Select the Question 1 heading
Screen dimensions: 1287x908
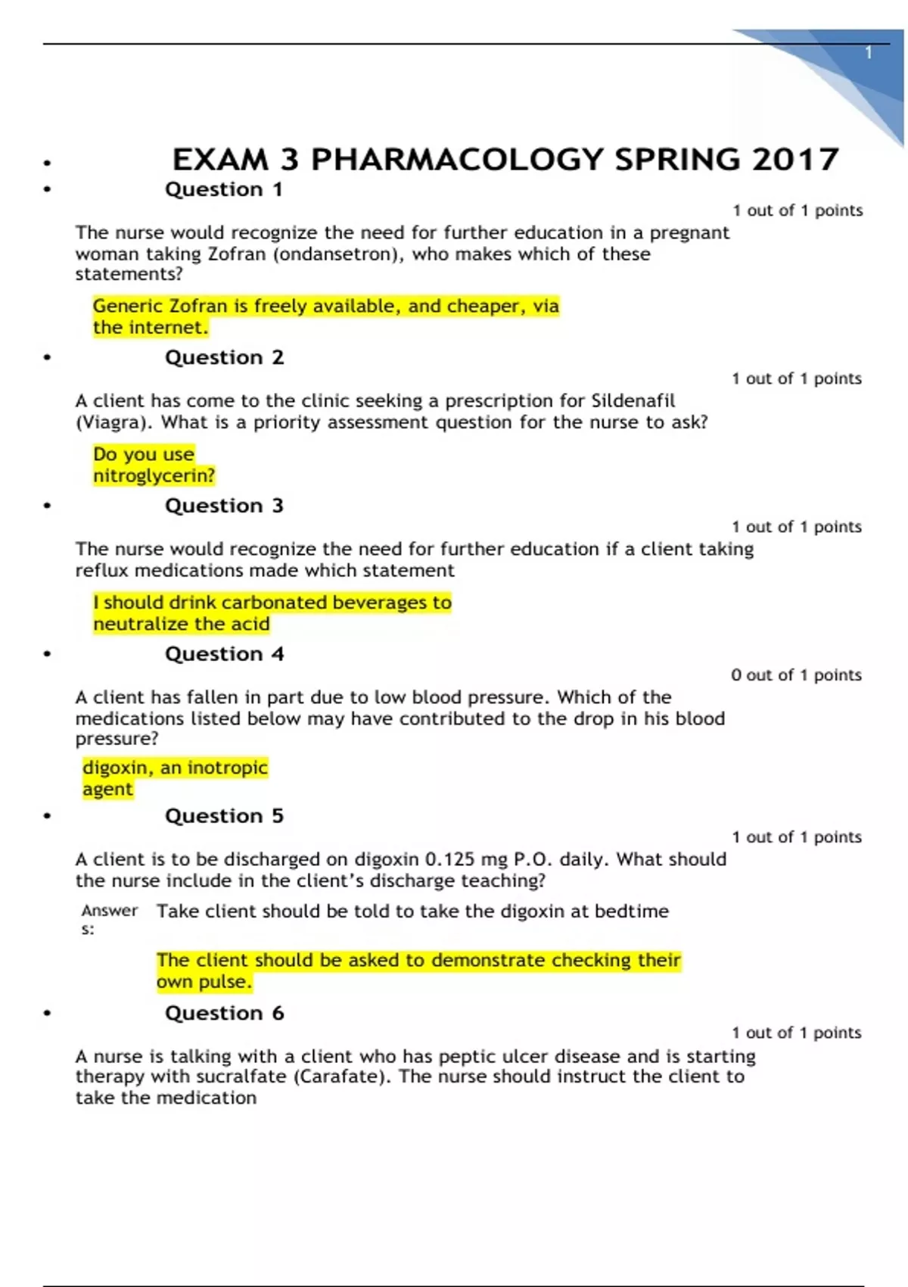[224, 189]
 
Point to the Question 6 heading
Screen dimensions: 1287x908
[224, 1013]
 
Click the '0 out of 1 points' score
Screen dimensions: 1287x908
[796, 675]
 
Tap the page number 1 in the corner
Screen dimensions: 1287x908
[869, 53]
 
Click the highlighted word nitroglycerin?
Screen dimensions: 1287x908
[154, 475]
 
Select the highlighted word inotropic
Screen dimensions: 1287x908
[227, 768]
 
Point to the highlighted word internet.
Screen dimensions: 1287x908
[169, 328]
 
